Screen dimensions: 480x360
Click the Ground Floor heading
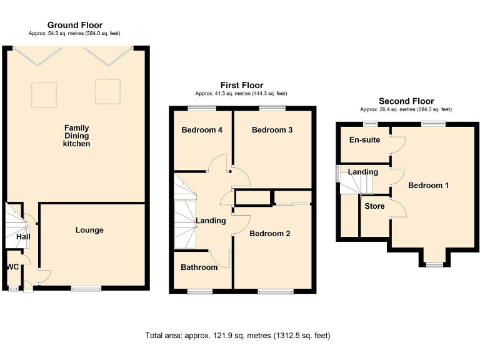click(x=75, y=25)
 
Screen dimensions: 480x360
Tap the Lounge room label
click(x=89, y=230)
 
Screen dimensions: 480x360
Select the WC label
click(x=12, y=267)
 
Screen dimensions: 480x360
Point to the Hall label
click(x=23, y=237)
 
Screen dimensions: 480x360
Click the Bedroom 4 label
click(x=202, y=130)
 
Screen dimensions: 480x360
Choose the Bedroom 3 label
click(x=272, y=130)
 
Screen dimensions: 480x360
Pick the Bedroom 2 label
click(x=270, y=234)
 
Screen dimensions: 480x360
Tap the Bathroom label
click(x=199, y=267)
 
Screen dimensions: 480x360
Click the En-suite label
click(x=364, y=139)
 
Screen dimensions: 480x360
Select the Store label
click(x=374, y=206)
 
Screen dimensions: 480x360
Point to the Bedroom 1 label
click(x=428, y=185)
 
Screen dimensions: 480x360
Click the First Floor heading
click(x=242, y=85)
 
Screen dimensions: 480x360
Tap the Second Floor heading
click(x=406, y=101)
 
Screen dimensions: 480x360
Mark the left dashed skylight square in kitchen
click(x=44, y=94)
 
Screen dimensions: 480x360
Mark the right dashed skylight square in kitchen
click(x=107, y=91)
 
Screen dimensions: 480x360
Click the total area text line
click(x=238, y=336)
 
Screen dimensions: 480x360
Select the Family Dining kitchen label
click(x=76, y=136)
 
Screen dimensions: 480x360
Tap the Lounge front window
click(x=86, y=288)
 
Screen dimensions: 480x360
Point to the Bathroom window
click(x=200, y=292)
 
